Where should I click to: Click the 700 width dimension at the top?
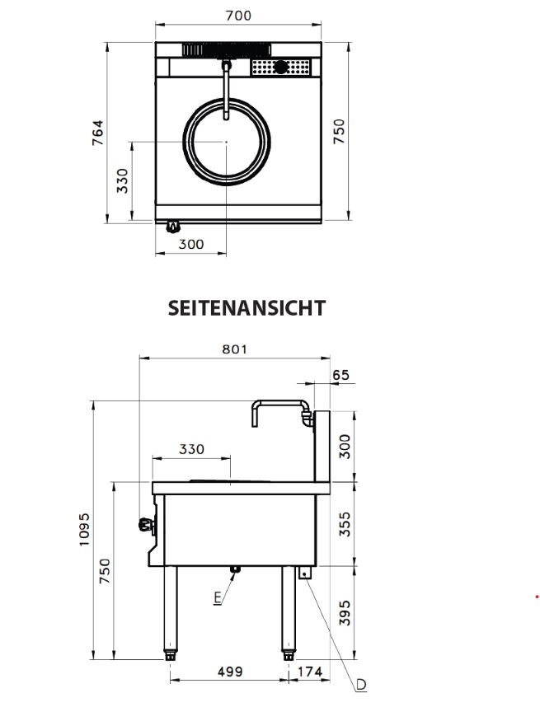pyautogui.click(x=238, y=16)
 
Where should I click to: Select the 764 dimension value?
pyautogui.click(x=98, y=133)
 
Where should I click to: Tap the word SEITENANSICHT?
pyautogui.click(x=247, y=308)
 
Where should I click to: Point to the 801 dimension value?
pyautogui.click(x=235, y=349)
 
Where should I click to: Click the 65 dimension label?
pyautogui.click(x=340, y=375)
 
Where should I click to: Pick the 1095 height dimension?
pyautogui.click(x=84, y=530)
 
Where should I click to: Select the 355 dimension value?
pyautogui.click(x=345, y=524)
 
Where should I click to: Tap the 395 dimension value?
pyautogui.click(x=345, y=613)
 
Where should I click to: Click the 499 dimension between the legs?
pyautogui.click(x=230, y=672)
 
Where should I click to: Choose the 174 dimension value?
pyautogui.click(x=311, y=672)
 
